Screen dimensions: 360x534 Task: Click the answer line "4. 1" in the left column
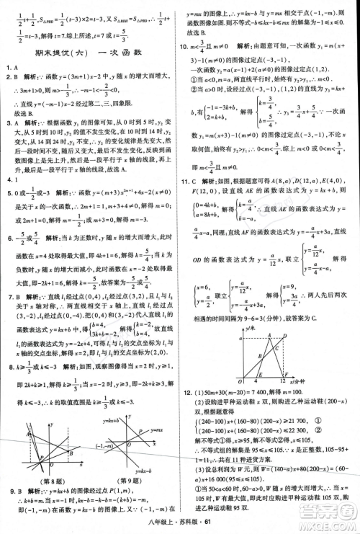10,179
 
